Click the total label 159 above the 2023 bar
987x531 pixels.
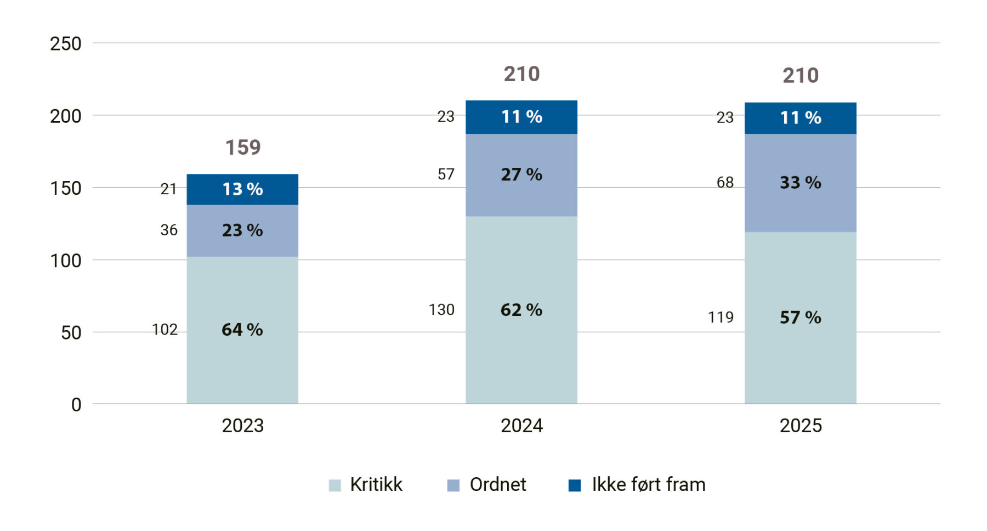(x=243, y=147)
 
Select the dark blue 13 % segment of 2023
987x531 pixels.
(x=242, y=189)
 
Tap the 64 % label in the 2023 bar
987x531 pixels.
(x=242, y=330)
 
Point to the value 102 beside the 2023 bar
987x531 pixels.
(x=164, y=330)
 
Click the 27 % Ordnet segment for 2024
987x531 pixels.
(x=521, y=174)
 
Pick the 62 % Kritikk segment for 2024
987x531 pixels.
(x=521, y=310)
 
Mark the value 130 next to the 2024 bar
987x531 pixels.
(x=441, y=310)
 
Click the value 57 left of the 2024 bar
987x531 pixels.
(x=446, y=174)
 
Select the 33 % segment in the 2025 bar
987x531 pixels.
(x=800, y=183)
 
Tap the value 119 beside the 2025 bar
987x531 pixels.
(x=721, y=317)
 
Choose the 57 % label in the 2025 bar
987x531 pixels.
(x=800, y=317)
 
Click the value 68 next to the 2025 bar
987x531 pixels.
(x=725, y=183)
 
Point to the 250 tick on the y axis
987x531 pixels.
(x=66, y=44)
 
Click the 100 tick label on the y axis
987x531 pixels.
(x=66, y=261)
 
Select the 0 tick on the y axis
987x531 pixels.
(x=76, y=405)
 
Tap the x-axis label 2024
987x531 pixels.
(x=521, y=426)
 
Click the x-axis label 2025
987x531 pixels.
(x=801, y=426)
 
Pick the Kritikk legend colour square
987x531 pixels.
(x=334, y=485)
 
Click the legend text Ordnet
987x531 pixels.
(x=497, y=485)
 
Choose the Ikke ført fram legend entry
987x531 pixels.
(x=648, y=485)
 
